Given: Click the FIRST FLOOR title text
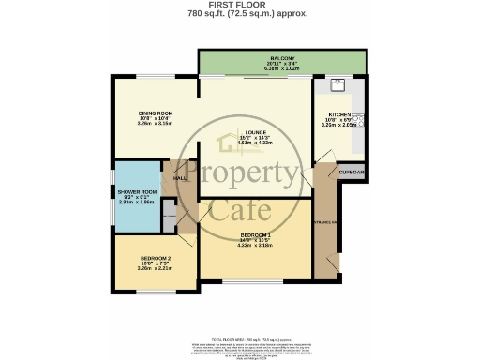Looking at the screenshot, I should pos(240,6).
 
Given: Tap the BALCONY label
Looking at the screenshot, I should pos(282,58).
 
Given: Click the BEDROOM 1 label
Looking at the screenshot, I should pos(255,234).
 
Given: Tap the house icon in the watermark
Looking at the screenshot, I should pos(229,144).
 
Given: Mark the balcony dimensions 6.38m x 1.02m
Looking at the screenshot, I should pos(282,69).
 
